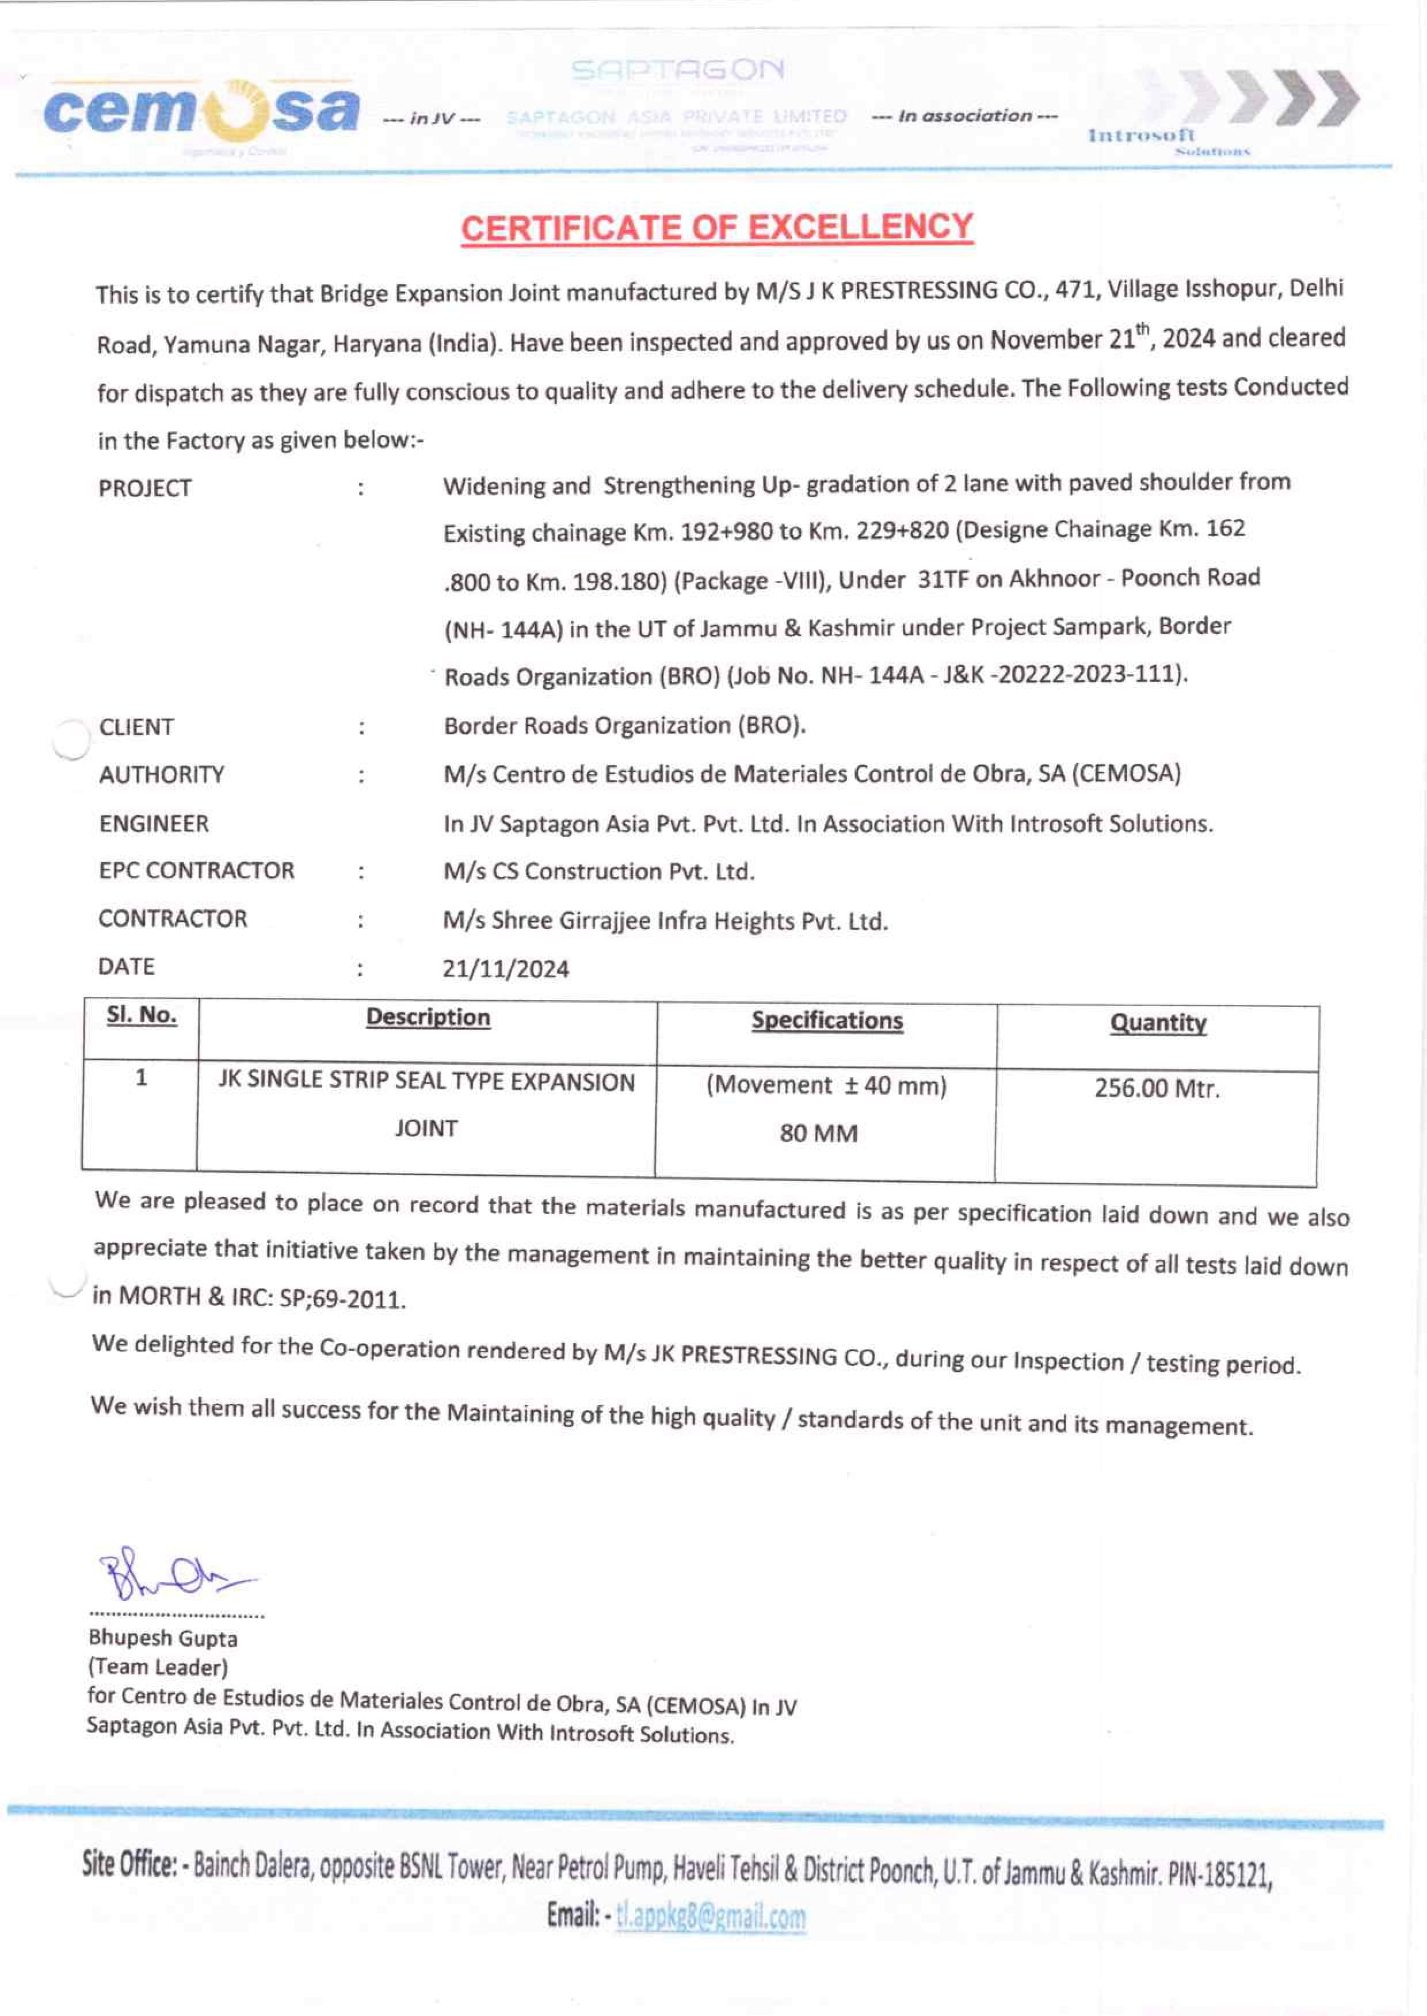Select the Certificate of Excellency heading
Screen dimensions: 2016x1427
[x=717, y=228]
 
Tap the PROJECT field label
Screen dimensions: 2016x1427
[x=145, y=488]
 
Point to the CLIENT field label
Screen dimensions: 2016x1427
[x=136, y=728]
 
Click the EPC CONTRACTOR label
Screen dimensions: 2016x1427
[x=196, y=870]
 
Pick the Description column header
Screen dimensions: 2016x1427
[x=428, y=1017]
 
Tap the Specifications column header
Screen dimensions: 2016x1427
[x=827, y=1021]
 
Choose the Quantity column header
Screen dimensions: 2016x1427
[x=1158, y=1023]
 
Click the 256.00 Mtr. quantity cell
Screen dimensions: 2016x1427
[x=1157, y=1089]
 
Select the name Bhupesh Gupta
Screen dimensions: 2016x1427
[x=163, y=1638]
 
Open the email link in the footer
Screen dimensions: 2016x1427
[x=710, y=1916]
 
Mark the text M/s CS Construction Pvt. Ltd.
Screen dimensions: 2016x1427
[x=598, y=871]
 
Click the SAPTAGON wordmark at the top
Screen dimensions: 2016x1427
[x=677, y=70]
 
